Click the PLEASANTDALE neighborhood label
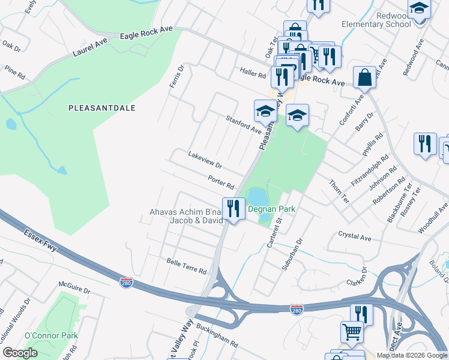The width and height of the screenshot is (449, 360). click(x=101, y=108)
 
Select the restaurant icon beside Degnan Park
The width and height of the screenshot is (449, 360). click(x=234, y=209)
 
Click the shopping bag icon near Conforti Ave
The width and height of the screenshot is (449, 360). click(x=364, y=77)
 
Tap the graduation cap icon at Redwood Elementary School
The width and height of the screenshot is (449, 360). click(x=419, y=10)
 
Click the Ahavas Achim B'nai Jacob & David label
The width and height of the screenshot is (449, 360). click(x=185, y=216)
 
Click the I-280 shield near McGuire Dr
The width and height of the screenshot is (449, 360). click(x=126, y=281)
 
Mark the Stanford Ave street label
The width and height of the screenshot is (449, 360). click(x=243, y=125)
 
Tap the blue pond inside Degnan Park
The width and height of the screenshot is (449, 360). click(x=257, y=196)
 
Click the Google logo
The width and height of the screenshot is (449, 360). click(x=20, y=353)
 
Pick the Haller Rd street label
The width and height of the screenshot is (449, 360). click(x=252, y=74)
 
